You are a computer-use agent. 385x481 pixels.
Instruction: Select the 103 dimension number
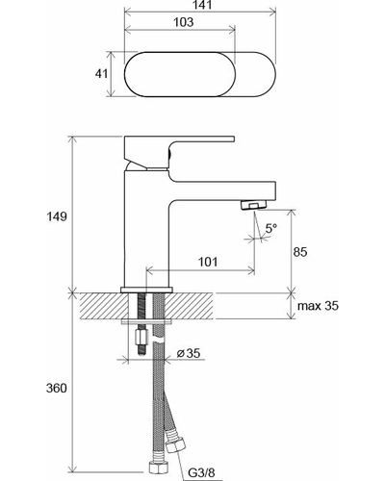[x=184, y=22]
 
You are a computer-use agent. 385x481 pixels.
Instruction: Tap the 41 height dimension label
[x=101, y=74]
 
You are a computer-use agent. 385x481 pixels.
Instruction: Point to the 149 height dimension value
[x=57, y=216]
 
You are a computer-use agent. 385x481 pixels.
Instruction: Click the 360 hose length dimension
[x=57, y=389]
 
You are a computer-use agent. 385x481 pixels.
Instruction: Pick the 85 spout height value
[x=300, y=252]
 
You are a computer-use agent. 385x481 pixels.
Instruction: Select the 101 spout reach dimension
[x=208, y=262]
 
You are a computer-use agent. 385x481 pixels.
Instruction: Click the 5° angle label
[x=271, y=229]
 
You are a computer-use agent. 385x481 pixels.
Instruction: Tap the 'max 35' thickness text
[x=318, y=306]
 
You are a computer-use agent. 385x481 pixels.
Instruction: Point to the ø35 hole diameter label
[x=189, y=353]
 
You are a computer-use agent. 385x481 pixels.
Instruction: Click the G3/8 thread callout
[x=201, y=472]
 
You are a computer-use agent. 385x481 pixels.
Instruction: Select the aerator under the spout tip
[x=253, y=204]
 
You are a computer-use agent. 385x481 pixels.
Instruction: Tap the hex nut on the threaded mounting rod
[x=141, y=337]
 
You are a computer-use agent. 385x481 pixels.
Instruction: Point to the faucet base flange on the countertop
[x=146, y=290]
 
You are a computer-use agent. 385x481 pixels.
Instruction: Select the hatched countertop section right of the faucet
[x=189, y=306]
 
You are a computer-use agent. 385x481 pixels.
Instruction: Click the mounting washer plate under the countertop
[x=146, y=321]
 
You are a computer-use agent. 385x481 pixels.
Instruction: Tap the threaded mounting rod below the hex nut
[x=141, y=349]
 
